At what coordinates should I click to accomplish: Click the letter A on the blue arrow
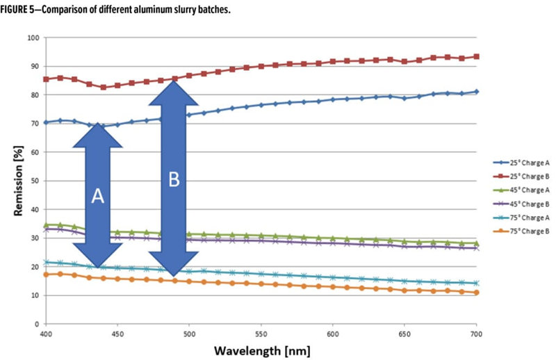click(98, 197)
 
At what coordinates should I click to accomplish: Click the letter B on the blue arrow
click(174, 179)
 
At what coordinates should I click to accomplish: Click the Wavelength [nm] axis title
click(263, 348)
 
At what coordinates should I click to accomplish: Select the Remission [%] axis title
click(15, 180)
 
